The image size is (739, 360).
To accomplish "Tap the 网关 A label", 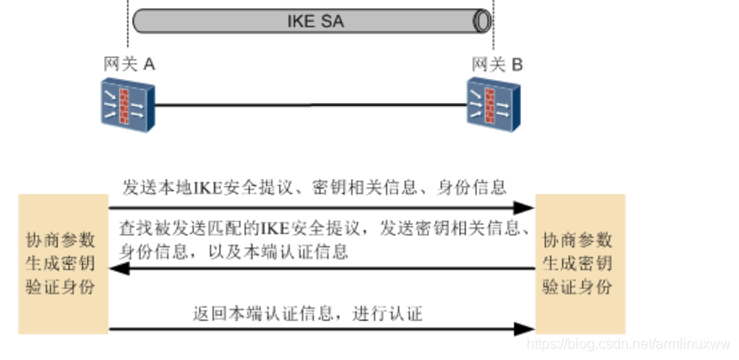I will pyautogui.click(x=129, y=64).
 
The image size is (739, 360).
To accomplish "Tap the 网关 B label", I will pyautogui.click(x=497, y=64).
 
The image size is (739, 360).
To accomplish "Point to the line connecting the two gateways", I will pyautogui.click(x=311, y=105).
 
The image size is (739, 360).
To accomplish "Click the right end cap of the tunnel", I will pyautogui.click(x=483, y=20).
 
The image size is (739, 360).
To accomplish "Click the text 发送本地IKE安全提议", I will pyautogui.click(x=203, y=188).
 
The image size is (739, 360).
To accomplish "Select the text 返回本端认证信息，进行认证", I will pyautogui.click(x=308, y=314).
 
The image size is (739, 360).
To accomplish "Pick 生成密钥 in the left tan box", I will pyautogui.click(x=62, y=265).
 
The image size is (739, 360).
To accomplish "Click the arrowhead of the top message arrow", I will pyautogui.click(x=527, y=207).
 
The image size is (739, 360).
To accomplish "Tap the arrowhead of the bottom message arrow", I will pyautogui.click(x=527, y=329).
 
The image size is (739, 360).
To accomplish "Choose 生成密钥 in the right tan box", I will pyautogui.click(x=578, y=264).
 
